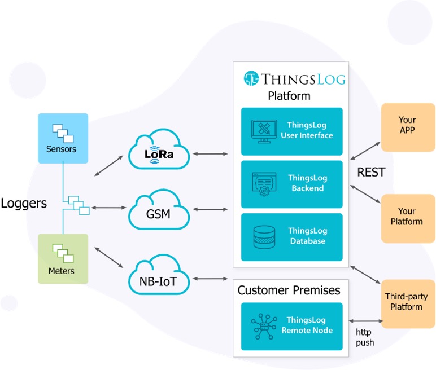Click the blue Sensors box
coord(63,138)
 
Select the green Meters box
coord(63,258)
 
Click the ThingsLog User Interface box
coord(291,131)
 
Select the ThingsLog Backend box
coord(291,184)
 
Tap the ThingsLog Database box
coord(291,236)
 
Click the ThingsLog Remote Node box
coord(291,325)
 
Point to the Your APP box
coord(408,127)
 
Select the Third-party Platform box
coord(407,303)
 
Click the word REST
coord(372,173)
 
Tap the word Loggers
coord(24,203)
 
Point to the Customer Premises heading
coord(289,290)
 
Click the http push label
coord(365,337)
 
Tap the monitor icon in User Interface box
coord(263,131)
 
